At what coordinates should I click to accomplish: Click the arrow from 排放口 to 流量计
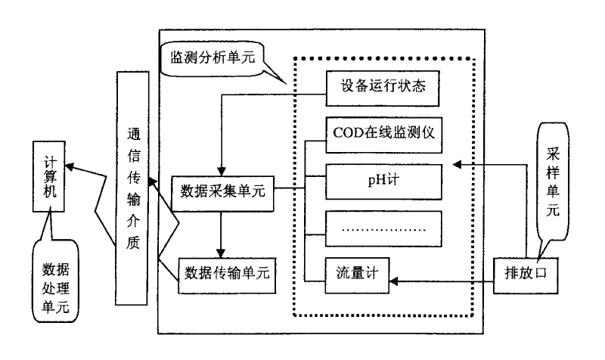click(446, 281)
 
